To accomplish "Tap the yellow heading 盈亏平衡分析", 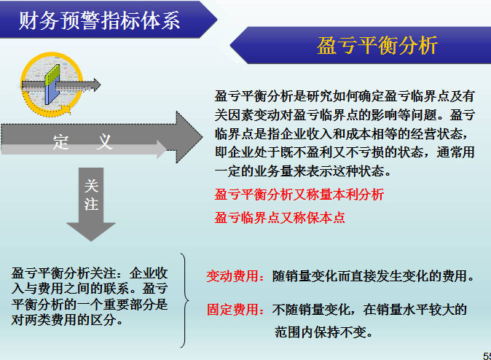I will coord(377,46).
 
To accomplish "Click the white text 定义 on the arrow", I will coord(83,142).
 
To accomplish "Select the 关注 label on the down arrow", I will coord(91,195).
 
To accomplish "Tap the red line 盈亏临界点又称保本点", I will coord(280,217).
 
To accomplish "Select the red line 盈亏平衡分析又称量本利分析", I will coord(299,195).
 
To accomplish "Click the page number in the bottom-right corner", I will coord(486,354).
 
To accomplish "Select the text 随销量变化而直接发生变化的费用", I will coord(374,277).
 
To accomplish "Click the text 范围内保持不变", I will coord(334,332).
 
